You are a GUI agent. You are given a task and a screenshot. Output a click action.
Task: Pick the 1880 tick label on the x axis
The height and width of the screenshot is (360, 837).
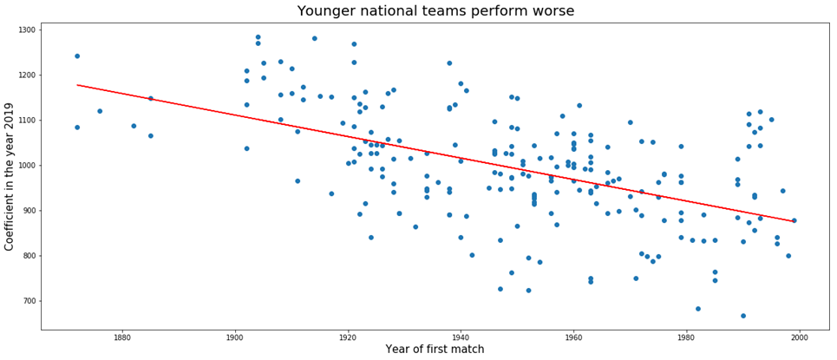122,337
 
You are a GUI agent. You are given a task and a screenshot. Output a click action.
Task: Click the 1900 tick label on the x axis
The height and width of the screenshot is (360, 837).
235,337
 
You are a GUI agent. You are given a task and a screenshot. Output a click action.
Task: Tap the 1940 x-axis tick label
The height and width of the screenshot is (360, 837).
461,337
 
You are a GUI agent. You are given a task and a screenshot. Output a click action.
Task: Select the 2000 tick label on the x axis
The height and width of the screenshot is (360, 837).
799,337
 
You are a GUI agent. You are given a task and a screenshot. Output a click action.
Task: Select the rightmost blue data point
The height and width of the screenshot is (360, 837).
794,220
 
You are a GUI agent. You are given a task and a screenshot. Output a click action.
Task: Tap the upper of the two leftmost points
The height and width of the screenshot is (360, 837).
77,56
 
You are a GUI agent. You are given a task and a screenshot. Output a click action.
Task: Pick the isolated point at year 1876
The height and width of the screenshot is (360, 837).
100,111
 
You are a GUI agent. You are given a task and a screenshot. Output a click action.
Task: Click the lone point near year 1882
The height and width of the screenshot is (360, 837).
134,126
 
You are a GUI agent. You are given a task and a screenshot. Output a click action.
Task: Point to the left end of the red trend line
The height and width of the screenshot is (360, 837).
77,85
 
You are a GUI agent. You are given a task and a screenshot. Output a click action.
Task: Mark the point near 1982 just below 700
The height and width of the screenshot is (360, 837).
697,309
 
